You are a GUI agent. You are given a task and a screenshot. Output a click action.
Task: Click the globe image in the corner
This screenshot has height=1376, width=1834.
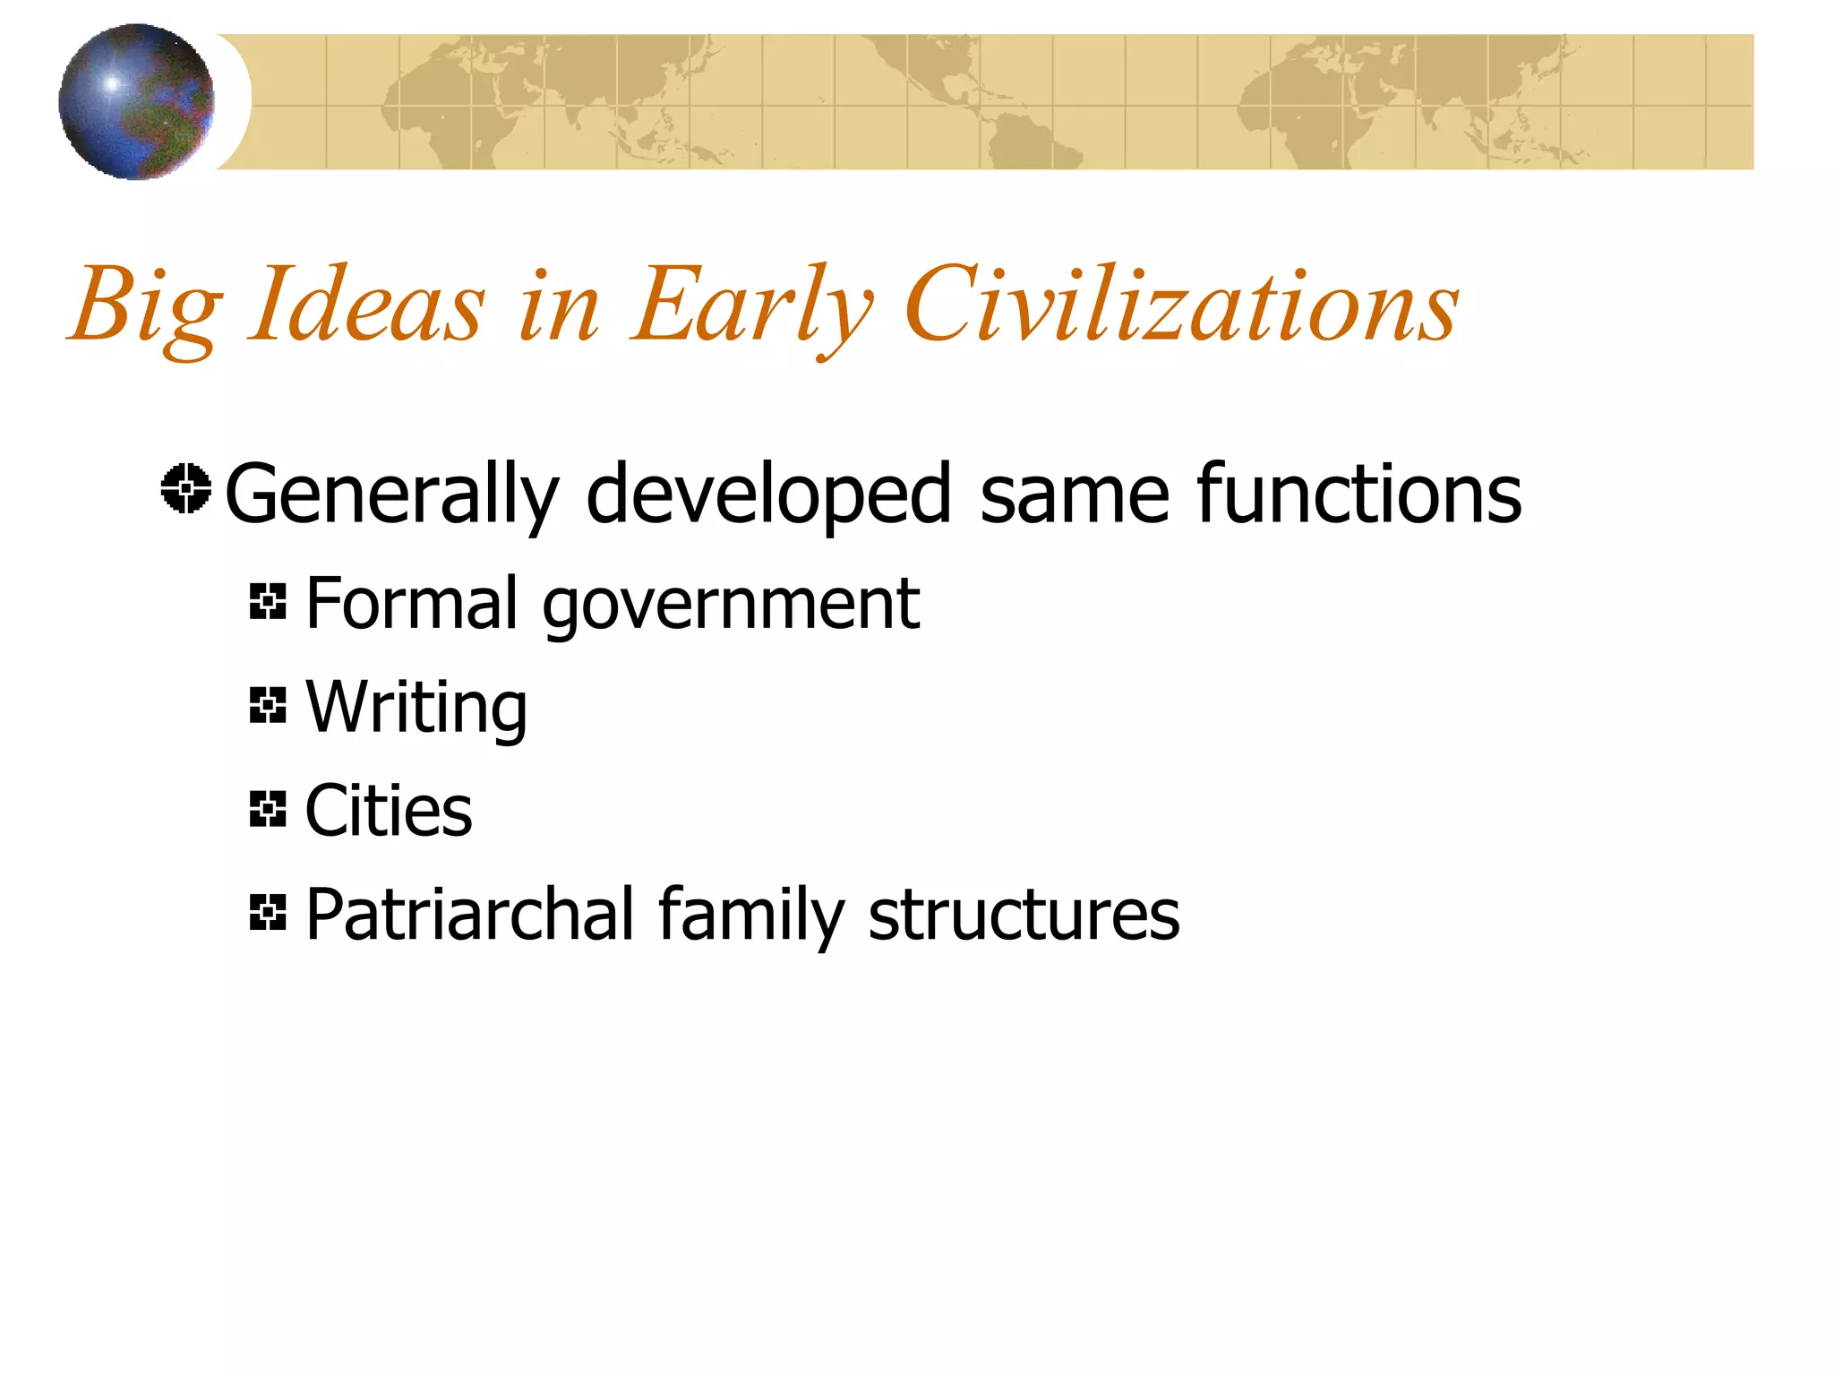coord(136,101)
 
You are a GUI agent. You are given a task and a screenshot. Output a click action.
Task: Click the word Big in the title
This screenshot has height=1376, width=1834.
coord(145,307)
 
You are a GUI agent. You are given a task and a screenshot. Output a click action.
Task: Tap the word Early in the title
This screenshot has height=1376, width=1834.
coord(750,307)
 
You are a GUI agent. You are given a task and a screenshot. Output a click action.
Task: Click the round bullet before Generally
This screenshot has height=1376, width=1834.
coord(186,489)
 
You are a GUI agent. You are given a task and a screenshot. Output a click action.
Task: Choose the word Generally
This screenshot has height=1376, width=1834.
coord(391,495)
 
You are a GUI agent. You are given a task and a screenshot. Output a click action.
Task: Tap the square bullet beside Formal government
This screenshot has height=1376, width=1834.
coord(268,601)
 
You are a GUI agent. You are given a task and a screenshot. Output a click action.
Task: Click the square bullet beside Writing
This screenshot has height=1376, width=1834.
coord(268,705)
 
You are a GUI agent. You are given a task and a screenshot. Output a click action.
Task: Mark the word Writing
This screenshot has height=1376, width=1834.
coord(416,708)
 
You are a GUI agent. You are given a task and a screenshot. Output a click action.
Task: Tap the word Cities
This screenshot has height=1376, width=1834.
coord(389,810)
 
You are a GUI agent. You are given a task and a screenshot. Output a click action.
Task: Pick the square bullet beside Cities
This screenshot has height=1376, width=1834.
coord(268,809)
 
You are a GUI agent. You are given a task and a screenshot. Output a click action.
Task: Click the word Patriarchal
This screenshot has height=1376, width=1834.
coord(470,914)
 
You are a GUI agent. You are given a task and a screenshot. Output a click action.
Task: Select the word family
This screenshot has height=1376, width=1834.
coord(751,916)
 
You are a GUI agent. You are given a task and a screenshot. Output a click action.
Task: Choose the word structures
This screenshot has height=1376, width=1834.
coord(1024,914)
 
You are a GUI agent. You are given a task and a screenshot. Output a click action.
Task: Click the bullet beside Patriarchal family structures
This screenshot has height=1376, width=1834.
coord(268,912)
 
